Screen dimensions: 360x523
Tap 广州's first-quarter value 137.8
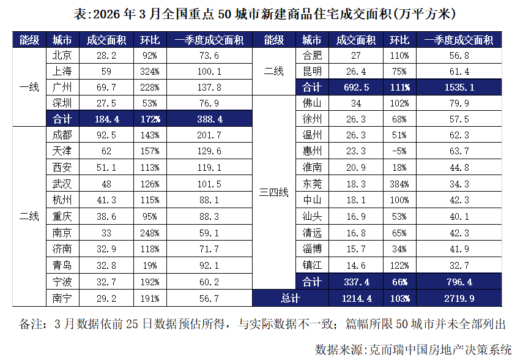point(209,86)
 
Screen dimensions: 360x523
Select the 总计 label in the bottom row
point(290,298)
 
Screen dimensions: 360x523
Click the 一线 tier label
point(29,86)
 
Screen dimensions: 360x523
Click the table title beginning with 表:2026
point(261,13)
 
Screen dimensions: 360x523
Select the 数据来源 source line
point(414,350)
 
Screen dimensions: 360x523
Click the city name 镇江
point(312,266)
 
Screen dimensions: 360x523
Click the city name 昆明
point(312,71)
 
